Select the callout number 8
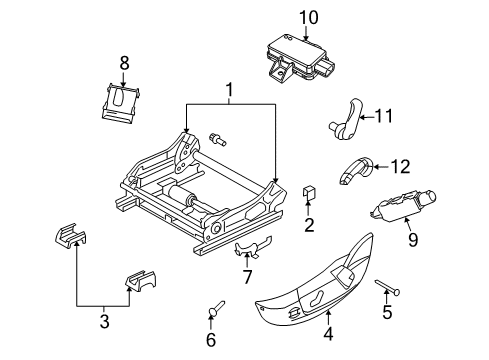pos(124,62)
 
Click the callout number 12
pos(400,166)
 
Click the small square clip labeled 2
pos(309,191)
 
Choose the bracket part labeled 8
pos(123,103)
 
